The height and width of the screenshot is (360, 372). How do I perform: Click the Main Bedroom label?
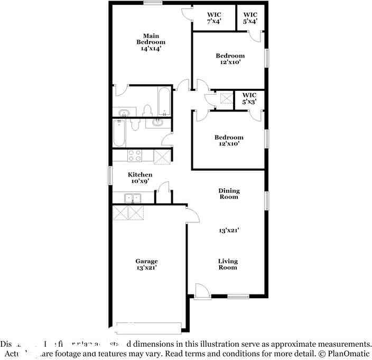pos(151,42)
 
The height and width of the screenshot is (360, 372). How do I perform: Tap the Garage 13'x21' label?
pos(146,264)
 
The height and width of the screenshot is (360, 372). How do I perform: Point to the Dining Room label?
pos(229,194)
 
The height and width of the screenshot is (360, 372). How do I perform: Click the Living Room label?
pos(228,264)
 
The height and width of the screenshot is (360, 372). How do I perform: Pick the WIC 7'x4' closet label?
pos(213,17)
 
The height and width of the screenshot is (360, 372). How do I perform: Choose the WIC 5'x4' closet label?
pos(250,17)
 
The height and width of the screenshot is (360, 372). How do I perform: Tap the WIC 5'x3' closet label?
pos(249,98)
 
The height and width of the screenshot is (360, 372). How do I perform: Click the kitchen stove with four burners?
pos(135,156)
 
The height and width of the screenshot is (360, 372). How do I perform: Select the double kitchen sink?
pos(133,198)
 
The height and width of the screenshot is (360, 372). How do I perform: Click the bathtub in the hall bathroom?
pos(119,134)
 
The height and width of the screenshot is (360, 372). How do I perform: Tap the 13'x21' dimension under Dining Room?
pos(229,230)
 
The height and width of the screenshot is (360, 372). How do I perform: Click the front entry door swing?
pos(202,291)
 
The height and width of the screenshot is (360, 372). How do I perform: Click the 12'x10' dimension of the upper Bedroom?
pos(230,62)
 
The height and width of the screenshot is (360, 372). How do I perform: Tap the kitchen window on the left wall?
pos(110,176)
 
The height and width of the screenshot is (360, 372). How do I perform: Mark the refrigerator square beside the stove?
pos(161,156)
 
